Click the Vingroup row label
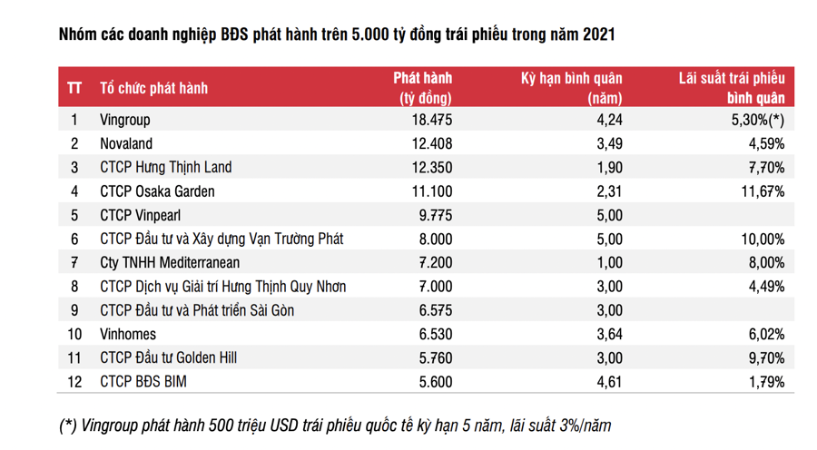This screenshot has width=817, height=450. click(x=124, y=120)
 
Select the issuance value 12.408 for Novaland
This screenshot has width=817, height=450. click(x=427, y=143)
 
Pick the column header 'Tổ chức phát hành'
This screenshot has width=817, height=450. click(x=153, y=88)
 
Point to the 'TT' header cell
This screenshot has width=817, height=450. click(x=74, y=88)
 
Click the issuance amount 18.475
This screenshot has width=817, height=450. click(x=427, y=120)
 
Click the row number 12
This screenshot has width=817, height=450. click(x=74, y=382)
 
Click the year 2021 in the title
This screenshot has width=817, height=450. click(x=597, y=35)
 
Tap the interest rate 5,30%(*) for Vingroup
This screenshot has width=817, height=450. click(x=757, y=120)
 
